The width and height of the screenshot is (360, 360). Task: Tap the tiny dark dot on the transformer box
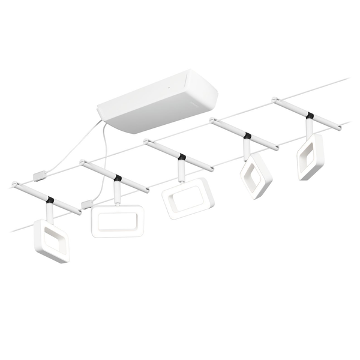[170, 88]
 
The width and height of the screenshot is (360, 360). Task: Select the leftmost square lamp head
[51, 242]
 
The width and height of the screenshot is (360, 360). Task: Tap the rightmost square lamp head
[310, 157]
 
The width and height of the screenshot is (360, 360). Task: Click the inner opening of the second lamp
[117, 221]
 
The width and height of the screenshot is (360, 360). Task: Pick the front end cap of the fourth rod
[276, 148]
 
